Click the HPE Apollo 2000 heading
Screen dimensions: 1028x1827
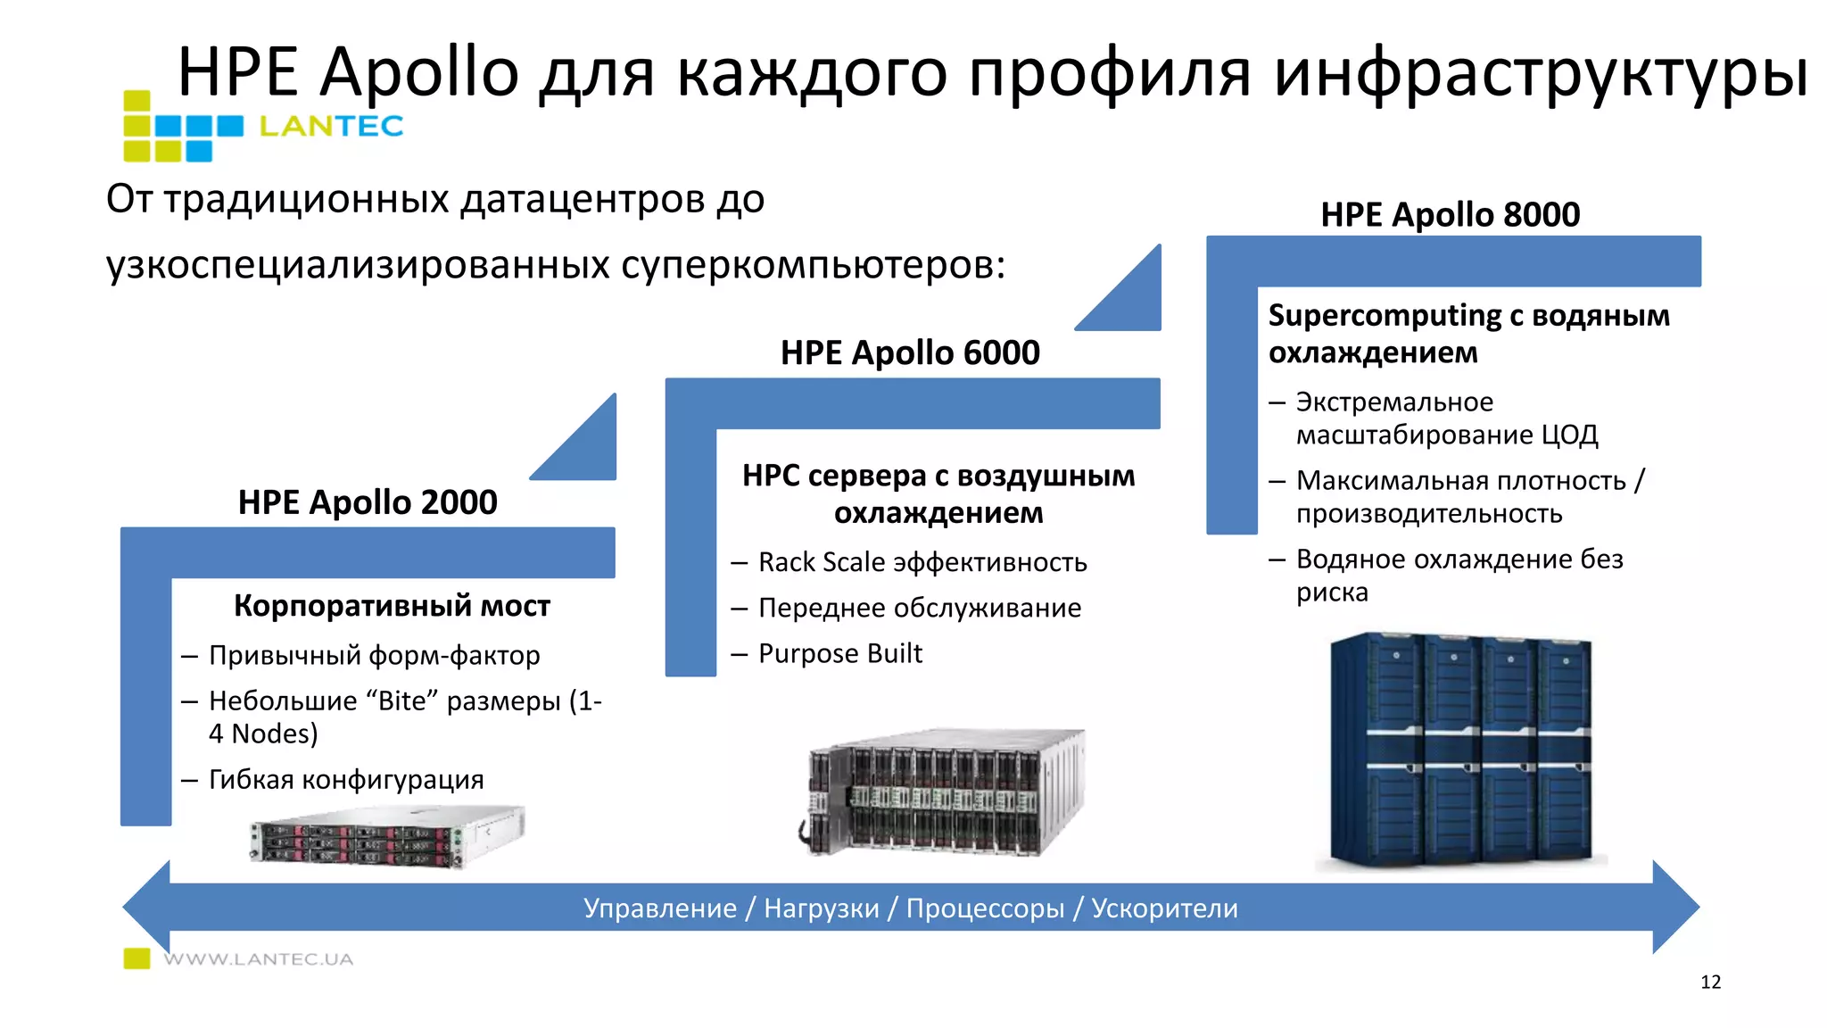368,502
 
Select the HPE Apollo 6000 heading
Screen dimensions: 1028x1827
910,352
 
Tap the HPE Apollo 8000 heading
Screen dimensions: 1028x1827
1450,215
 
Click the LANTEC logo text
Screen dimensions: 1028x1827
331,127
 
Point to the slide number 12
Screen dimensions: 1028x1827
1710,982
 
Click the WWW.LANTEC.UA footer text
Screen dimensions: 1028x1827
259,959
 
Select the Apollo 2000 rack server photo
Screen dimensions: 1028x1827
388,836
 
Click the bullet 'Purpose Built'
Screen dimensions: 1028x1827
839,653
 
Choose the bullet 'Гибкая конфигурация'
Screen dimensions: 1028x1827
346,779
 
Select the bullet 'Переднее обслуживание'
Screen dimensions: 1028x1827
919,608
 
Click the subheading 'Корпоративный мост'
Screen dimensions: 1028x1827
392,606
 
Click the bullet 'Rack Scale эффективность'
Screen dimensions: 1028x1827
922,562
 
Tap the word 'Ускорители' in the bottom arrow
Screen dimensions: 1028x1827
1164,908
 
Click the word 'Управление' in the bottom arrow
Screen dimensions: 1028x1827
660,908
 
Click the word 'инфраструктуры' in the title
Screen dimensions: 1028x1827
1540,73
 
